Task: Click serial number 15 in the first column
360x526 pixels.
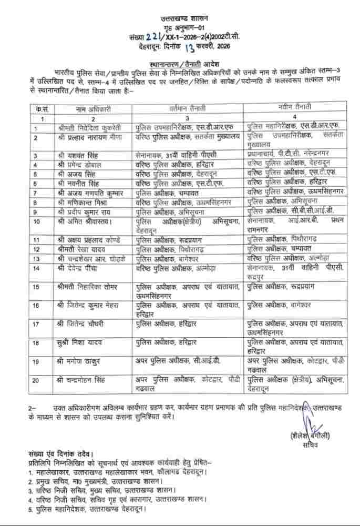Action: [x=36, y=287]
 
